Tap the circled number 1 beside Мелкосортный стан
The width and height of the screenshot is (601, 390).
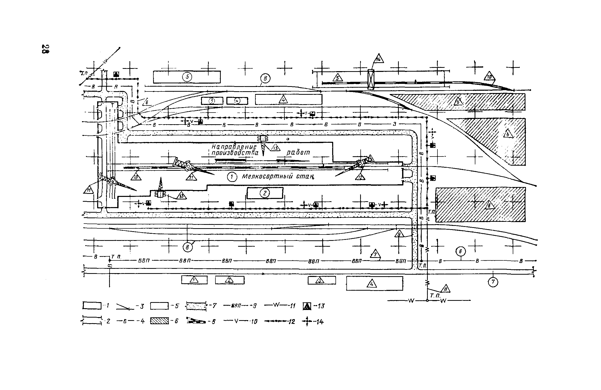point(232,177)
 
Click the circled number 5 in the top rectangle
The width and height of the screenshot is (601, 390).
point(187,77)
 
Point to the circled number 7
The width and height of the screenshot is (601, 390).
point(493,282)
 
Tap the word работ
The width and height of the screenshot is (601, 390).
point(298,152)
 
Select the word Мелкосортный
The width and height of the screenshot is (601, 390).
point(267,176)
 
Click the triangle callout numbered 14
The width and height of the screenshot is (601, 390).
point(379,59)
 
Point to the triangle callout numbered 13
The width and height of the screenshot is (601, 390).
point(181,195)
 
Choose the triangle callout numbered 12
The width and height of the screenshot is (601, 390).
point(360,177)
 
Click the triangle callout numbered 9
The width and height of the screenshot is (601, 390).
point(399,233)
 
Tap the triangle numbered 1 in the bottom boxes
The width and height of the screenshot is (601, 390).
point(194,280)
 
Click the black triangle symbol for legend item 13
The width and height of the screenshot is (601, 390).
point(307,307)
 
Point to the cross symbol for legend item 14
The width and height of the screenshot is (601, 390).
point(307,322)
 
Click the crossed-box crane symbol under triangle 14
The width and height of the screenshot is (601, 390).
point(371,79)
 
